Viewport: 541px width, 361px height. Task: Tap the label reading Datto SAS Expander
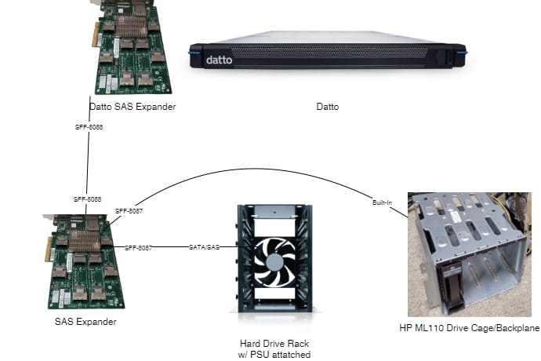[133, 107]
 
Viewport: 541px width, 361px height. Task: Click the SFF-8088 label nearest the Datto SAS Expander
[88, 126]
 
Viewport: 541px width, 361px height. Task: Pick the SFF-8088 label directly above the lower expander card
[88, 200]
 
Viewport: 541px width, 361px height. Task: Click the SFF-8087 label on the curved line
[129, 211]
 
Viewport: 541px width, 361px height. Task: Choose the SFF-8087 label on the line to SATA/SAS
[138, 248]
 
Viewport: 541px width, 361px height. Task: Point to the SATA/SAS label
[205, 248]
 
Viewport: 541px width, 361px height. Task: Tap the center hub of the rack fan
[274, 261]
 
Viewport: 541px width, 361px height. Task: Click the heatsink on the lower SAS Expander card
[85, 241]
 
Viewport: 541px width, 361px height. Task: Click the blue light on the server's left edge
[190, 52]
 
